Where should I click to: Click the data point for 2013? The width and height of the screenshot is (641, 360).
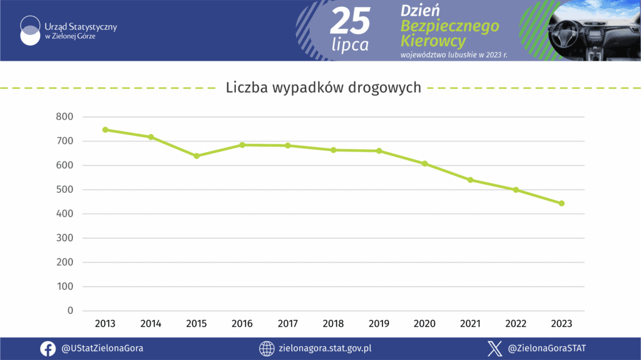point(105,130)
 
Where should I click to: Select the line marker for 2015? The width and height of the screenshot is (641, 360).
point(197,156)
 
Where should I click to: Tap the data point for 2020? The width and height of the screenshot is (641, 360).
point(424,163)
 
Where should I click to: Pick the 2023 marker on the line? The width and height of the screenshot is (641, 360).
point(562,203)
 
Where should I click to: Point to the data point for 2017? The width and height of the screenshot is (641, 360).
point(288,145)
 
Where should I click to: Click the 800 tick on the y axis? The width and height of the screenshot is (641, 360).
point(66,116)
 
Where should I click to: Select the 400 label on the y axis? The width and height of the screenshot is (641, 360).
point(66,214)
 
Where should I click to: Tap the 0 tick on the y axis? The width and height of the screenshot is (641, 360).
point(70,311)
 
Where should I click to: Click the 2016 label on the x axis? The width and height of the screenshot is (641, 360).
point(242,324)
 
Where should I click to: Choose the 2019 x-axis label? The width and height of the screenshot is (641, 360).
point(379,324)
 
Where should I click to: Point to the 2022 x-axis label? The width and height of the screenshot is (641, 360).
point(516,324)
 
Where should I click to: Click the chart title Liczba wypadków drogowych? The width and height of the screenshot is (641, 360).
point(323,88)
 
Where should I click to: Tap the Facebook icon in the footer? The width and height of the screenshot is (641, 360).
point(48,349)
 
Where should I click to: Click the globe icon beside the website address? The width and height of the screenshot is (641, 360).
point(267,349)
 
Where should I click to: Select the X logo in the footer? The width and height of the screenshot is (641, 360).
point(495,349)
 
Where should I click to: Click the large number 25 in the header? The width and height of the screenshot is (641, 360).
point(350,23)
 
